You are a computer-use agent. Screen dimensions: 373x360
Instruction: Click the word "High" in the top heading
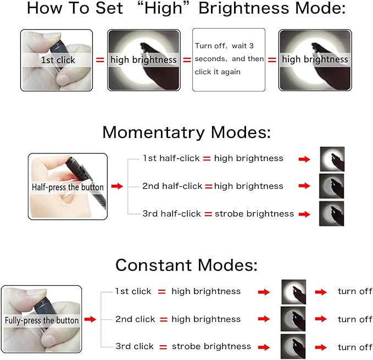click(163, 8)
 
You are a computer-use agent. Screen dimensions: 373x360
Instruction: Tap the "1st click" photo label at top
click(58, 60)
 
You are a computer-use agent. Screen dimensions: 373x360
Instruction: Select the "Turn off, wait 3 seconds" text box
click(229, 60)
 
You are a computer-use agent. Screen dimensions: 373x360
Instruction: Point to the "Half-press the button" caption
click(68, 187)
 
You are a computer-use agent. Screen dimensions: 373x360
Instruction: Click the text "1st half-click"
click(171, 158)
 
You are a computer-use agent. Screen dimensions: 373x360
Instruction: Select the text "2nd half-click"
click(172, 186)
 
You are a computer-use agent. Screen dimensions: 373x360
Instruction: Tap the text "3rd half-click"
click(171, 214)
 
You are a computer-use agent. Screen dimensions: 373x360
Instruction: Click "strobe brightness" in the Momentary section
click(254, 214)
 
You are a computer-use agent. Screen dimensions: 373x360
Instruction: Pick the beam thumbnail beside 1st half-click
click(332, 159)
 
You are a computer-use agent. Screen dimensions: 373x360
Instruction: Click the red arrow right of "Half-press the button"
click(117, 186)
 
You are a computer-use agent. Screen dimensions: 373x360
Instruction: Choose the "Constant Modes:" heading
click(186, 265)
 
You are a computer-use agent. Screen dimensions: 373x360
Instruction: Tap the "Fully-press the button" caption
click(42, 320)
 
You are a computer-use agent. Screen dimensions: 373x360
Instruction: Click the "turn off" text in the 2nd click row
click(355, 319)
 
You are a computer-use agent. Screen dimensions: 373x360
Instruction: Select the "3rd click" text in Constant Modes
click(135, 346)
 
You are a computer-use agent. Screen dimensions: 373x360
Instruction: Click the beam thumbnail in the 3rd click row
click(293, 346)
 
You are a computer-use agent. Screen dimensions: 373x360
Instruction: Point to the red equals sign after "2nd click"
click(164, 319)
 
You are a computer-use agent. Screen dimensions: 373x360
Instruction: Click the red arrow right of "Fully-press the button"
click(90, 319)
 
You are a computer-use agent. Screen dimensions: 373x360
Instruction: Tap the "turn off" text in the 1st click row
click(355, 291)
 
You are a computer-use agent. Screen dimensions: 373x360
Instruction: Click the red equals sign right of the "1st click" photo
click(100, 60)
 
